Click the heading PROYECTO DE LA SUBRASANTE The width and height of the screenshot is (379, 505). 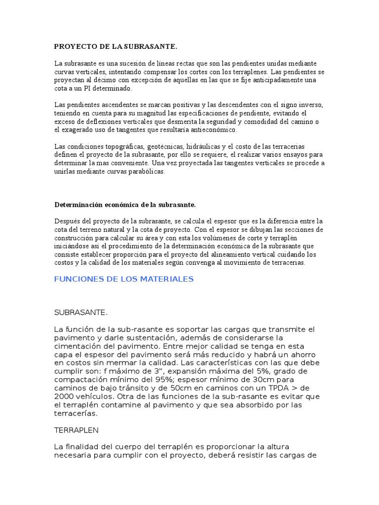[115, 46]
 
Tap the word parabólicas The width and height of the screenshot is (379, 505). [148, 172]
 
